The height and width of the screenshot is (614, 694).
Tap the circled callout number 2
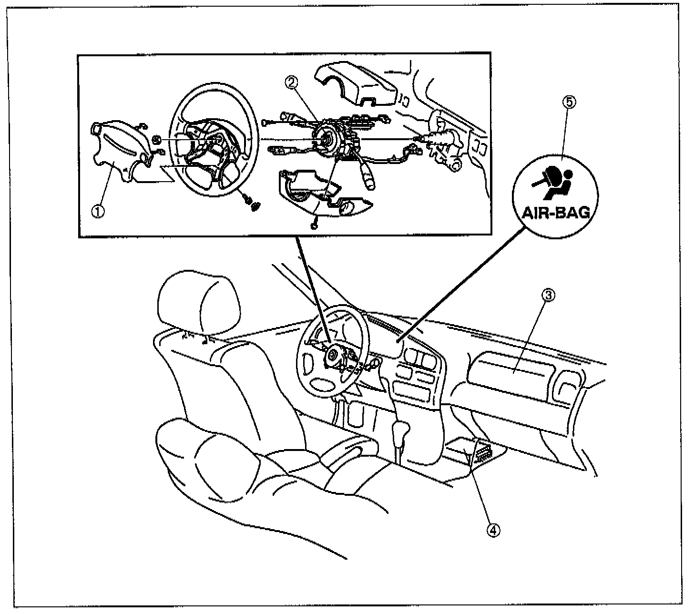(292, 82)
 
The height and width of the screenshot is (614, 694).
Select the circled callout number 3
(548, 296)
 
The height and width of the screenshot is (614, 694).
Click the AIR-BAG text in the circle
(556, 212)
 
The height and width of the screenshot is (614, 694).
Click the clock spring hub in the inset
(327, 141)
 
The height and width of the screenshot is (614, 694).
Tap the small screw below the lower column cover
(314, 225)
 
